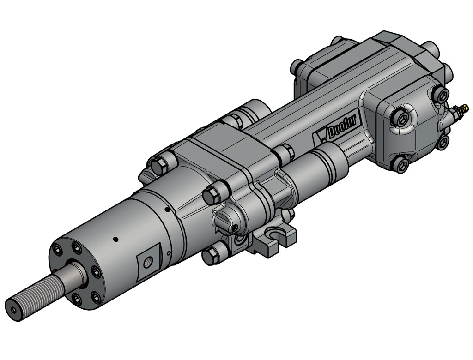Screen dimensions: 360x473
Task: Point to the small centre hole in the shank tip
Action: click(15, 311)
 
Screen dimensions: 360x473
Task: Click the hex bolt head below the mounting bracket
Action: click(211, 255)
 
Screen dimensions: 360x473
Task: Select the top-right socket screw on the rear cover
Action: click(441, 95)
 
